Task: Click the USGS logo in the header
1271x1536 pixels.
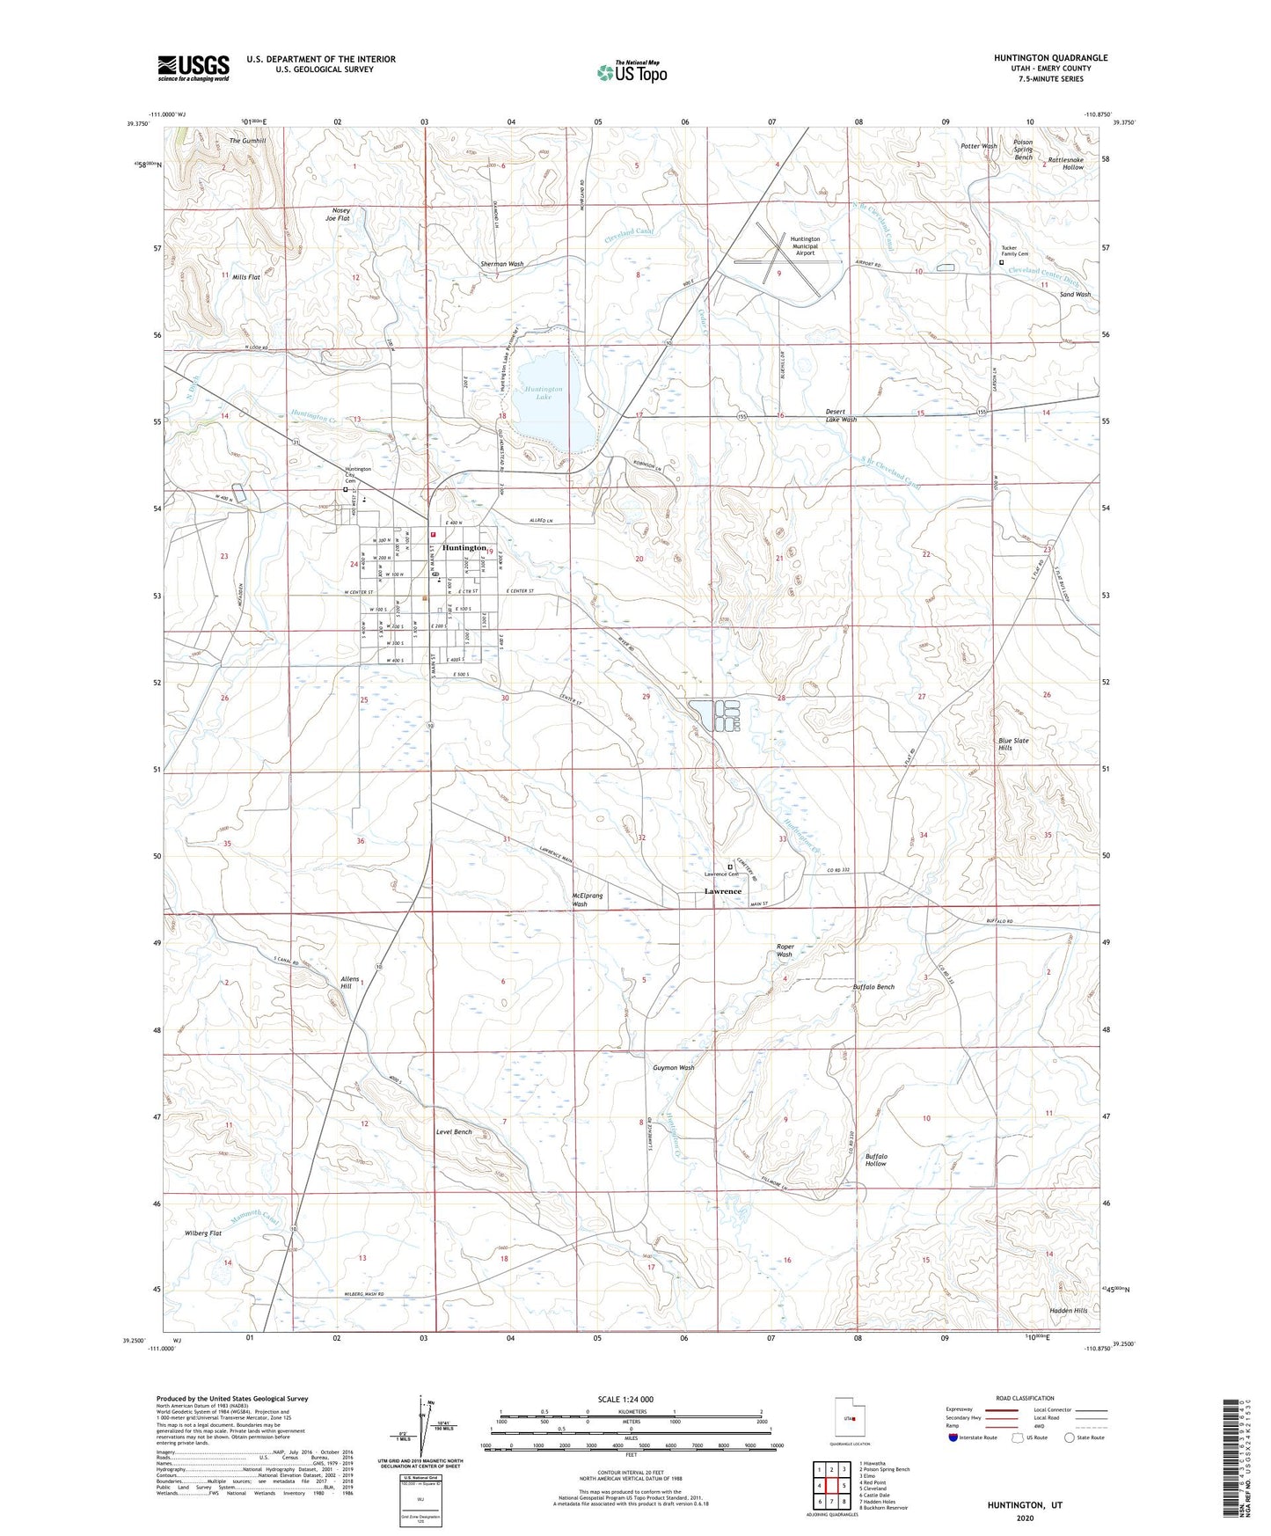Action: [x=194, y=68]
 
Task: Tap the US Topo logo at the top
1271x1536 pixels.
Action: [x=630, y=73]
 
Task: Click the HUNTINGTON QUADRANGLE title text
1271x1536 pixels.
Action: [x=1050, y=58]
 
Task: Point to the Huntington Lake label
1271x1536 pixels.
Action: [x=544, y=392]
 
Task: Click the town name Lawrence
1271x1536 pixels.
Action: [x=723, y=891]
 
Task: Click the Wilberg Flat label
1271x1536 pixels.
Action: [x=203, y=1233]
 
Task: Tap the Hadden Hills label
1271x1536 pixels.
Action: [x=1069, y=1310]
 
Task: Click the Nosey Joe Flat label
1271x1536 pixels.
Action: [x=340, y=215]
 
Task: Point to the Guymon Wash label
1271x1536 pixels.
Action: [x=673, y=1068]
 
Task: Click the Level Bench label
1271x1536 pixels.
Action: [x=455, y=1131]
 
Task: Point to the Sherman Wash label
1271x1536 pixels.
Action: [x=501, y=264]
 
